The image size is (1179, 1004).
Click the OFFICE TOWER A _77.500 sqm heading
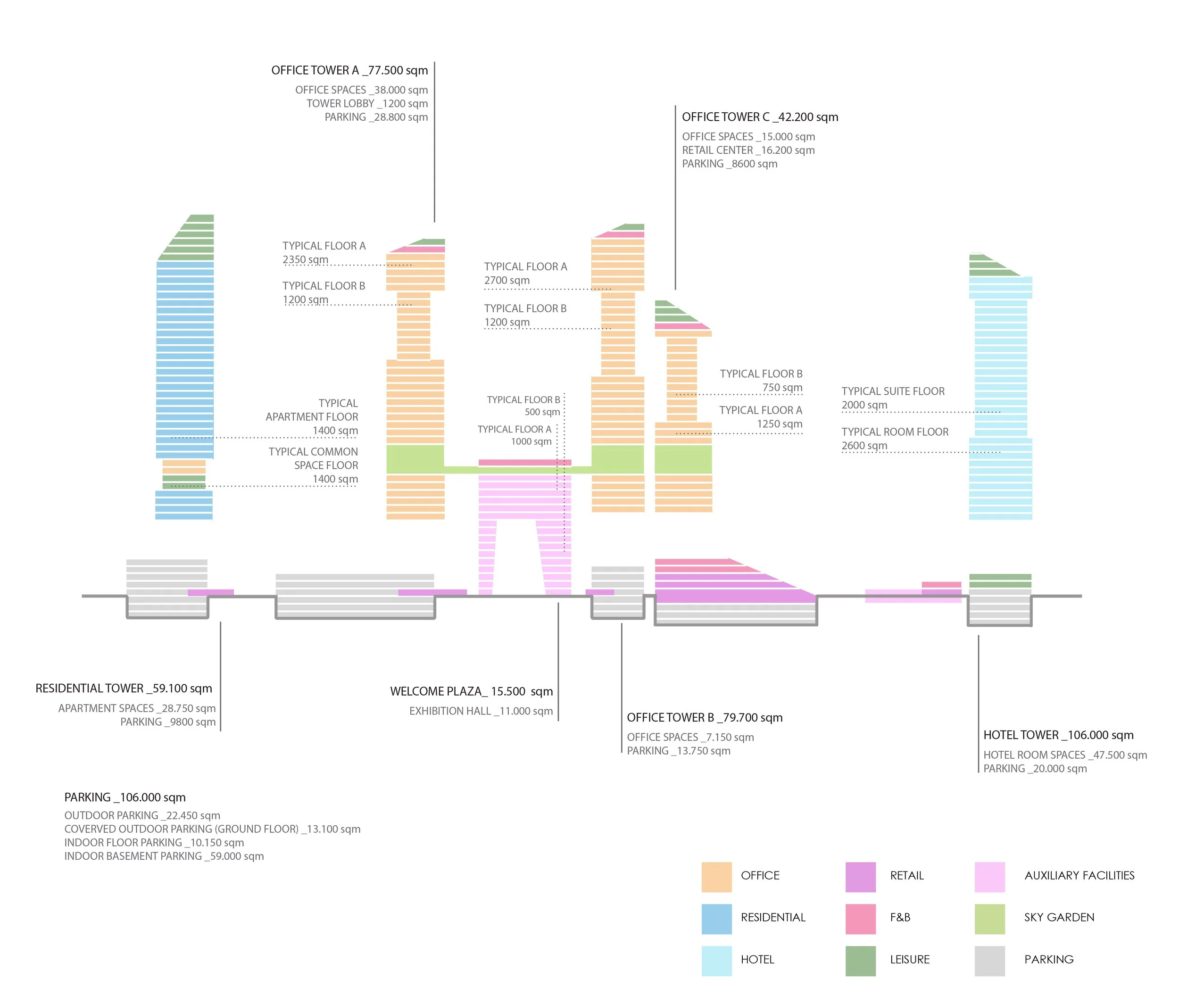pos(349,71)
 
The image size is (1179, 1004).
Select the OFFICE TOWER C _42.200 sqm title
pos(760,117)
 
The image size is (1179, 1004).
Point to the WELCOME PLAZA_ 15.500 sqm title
pos(471,691)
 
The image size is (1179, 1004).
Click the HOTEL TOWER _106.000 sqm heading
pos(1058,735)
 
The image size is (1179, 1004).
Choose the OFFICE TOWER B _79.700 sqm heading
pos(705,717)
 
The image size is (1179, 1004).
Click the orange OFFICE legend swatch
pos(716,877)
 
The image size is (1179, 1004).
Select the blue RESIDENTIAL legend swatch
pos(716,919)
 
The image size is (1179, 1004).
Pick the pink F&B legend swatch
pos(860,919)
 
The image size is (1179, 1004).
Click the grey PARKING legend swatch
pos(989,961)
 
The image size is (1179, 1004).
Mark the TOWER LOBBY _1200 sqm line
pos(367,104)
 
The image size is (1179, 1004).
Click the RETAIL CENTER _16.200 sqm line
pos(748,150)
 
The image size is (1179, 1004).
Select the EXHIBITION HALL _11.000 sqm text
pos(481,711)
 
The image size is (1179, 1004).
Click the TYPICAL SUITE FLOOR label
pos(893,391)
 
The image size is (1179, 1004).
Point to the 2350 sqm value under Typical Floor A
pos(306,260)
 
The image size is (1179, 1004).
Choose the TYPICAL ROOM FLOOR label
pos(895,432)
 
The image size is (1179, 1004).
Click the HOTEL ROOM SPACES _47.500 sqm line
pos(1064,755)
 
